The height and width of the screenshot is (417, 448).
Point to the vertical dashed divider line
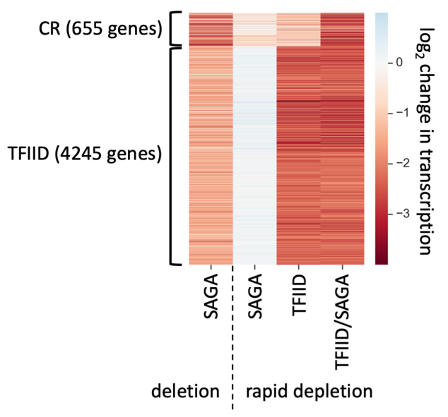point(232,339)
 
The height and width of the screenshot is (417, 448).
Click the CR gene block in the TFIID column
point(298,28)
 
